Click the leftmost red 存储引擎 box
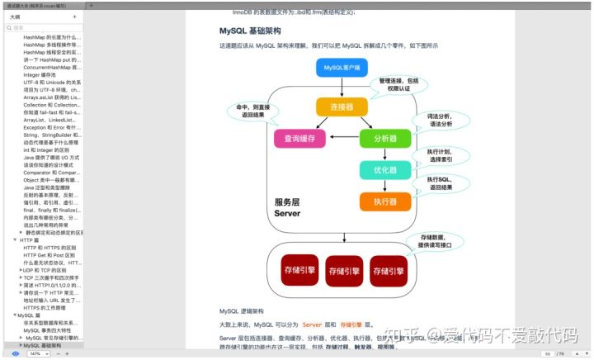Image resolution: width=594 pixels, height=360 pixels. [x=299, y=269]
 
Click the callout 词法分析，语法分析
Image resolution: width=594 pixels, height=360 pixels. [x=439, y=121]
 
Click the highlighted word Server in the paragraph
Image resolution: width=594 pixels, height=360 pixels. [x=312, y=324]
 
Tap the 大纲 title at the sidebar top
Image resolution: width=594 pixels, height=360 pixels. [x=15, y=17]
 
